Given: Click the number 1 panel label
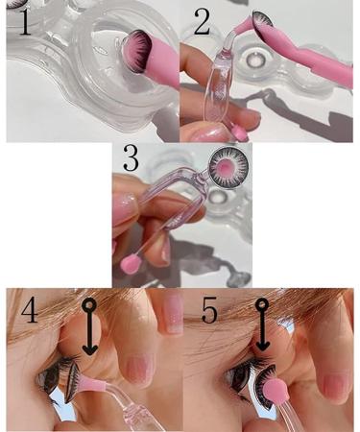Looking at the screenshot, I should (19, 21).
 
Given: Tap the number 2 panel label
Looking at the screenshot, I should (201, 21).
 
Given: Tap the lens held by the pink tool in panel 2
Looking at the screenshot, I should (264, 24).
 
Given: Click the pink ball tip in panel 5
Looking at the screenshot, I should (272, 394).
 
